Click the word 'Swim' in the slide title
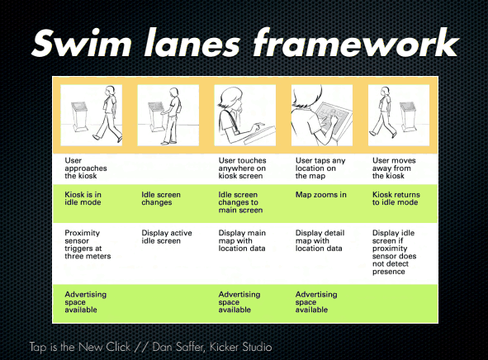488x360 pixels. click(82, 43)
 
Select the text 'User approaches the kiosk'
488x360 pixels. click(86, 168)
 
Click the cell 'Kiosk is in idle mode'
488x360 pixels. click(83, 198)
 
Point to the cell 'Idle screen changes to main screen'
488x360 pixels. click(240, 202)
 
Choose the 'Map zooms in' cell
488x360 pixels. click(320, 195)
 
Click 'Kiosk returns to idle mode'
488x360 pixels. click(396, 198)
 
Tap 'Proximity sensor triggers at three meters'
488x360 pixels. click(88, 244)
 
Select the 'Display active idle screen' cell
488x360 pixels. click(167, 237)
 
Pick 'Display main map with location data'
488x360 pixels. click(242, 241)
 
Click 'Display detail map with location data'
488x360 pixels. click(320, 241)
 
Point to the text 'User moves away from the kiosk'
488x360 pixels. click(394, 168)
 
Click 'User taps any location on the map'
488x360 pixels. click(320, 168)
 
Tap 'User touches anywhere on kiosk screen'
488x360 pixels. click(242, 168)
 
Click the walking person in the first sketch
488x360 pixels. click(108, 114)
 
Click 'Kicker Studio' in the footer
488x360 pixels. click(240, 347)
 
